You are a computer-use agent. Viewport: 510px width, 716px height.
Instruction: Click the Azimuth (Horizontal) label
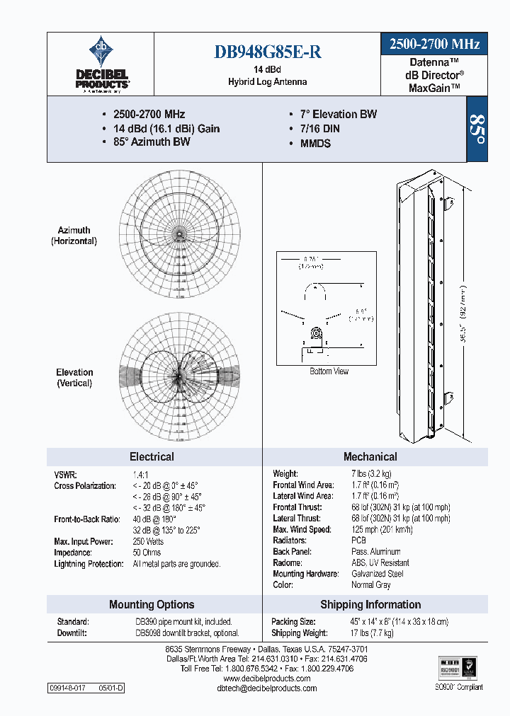[74, 236]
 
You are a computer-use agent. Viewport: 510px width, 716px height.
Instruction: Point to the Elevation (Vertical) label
[74, 378]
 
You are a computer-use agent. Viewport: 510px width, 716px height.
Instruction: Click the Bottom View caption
[329, 371]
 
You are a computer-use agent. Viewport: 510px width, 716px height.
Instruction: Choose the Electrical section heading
[152, 457]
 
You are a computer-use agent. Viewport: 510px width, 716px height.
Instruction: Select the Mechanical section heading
[370, 457]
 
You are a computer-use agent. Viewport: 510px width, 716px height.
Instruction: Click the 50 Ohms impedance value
[147, 553]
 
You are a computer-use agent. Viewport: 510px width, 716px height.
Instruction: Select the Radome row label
[288, 562]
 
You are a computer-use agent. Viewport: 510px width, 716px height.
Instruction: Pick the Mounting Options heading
[152, 605]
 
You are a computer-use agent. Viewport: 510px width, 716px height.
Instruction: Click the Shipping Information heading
[370, 605]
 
